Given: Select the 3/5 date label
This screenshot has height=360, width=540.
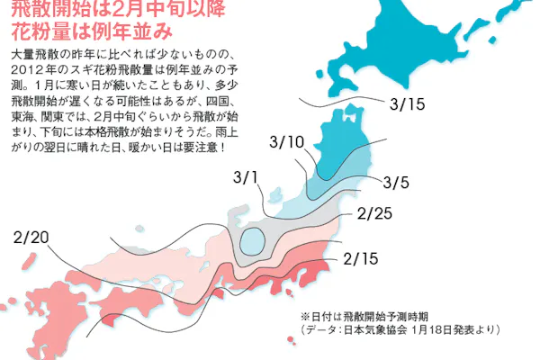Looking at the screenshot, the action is click(396, 183).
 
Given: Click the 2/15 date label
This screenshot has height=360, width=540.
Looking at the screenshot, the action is click(362, 259).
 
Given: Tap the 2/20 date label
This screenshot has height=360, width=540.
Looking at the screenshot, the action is click(31, 238).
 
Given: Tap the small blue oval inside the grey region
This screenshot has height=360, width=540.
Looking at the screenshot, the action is click(254, 241).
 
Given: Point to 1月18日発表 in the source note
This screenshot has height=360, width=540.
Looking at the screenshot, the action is click(442, 330).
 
